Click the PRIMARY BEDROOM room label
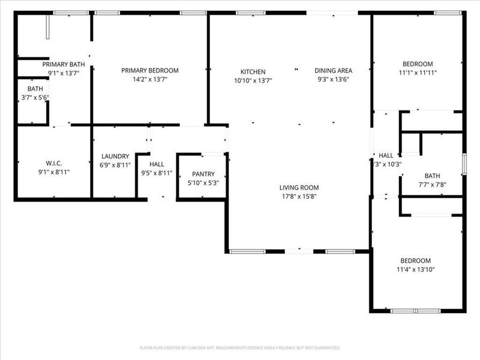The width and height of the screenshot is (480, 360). coord(150,70)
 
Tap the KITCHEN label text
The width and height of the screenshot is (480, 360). coord(253,72)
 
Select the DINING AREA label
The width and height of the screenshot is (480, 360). coord(333,70)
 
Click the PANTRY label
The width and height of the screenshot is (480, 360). coord(203,174)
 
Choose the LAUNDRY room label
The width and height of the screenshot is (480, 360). coord(115,156)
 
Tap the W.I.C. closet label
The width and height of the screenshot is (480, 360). coord(55,163)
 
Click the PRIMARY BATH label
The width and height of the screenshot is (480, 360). coord(63,64)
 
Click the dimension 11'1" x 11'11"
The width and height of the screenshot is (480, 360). coord(417,72)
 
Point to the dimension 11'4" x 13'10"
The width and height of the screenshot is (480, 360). coord(416,269)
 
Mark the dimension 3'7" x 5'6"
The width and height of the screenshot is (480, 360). coord(35,97)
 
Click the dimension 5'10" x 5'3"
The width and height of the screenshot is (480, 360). coord(203,182)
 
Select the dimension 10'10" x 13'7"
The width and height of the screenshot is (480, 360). coord(253,80)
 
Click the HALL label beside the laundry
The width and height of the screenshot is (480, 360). coord(157,164)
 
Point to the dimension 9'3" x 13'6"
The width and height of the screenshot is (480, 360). coord(333,79)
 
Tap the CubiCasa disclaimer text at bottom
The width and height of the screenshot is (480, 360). coord(240,347)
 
